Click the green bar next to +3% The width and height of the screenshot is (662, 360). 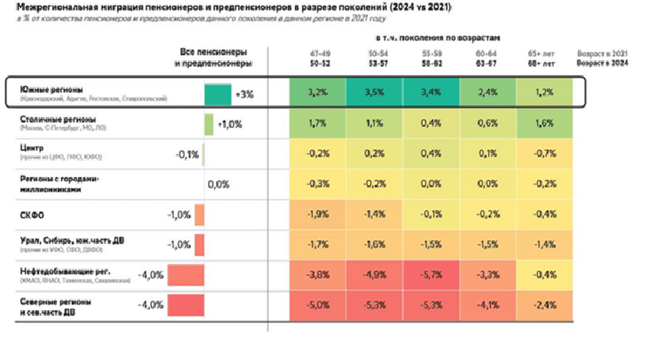pyautogui.click(x=218, y=94)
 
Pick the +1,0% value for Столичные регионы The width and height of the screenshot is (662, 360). pyautogui.click(x=230, y=124)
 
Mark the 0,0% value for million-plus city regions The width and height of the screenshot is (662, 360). pyautogui.click(x=219, y=184)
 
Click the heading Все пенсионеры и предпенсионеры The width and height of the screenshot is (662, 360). pyautogui.click(x=213, y=58)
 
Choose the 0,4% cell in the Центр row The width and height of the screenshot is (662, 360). pyautogui.click(x=431, y=154)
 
